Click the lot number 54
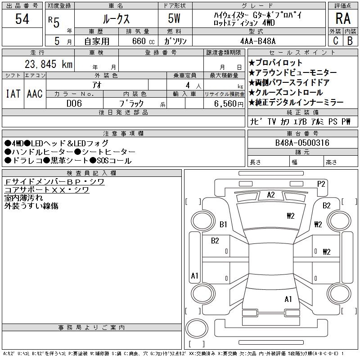[x=22, y=19]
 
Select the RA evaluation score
[x=343, y=18]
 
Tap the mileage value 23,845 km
[x=49, y=64]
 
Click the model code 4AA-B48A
[x=258, y=41]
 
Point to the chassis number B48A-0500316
[x=302, y=143]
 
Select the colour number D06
[x=74, y=103]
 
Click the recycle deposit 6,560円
[x=229, y=104]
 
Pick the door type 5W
[x=174, y=18]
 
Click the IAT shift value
[x=13, y=94]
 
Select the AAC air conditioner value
[x=35, y=94]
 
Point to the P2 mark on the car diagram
[x=321, y=184]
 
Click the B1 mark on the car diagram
[x=223, y=224]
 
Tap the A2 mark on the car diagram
[x=271, y=195]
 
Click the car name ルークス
[x=117, y=19]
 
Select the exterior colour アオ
[x=97, y=85]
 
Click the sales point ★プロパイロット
[x=275, y=63]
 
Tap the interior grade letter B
[x=350, y=41]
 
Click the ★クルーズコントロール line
[x=286, y=92]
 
